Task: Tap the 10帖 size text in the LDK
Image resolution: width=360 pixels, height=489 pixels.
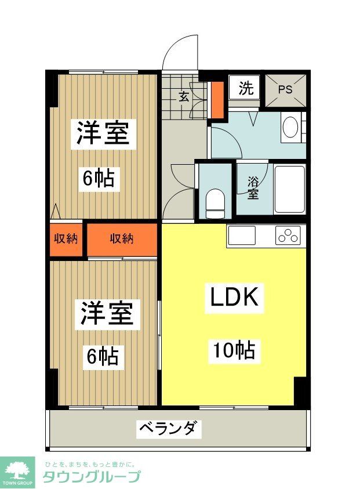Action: click(x=234, y=350)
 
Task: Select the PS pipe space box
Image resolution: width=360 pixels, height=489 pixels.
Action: click(x=285, y=89)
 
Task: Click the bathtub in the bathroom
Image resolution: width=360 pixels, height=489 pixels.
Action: click(x=289, y=190)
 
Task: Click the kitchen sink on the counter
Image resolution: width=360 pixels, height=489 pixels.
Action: click(x=241, y=236)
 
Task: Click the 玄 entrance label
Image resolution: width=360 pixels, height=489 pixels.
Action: click(x=183, y=97)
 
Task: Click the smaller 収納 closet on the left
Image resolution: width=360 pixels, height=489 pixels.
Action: click(x=66, y=238)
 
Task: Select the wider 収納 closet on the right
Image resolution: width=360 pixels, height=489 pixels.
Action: click(x=122, y=238)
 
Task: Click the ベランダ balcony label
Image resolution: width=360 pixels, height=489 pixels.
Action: click(x=169, y=429)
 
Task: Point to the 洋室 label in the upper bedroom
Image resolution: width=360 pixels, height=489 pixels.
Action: click(x=103, y=134)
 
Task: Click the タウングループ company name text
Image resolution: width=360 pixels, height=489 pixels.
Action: click(x=91, y=477)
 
